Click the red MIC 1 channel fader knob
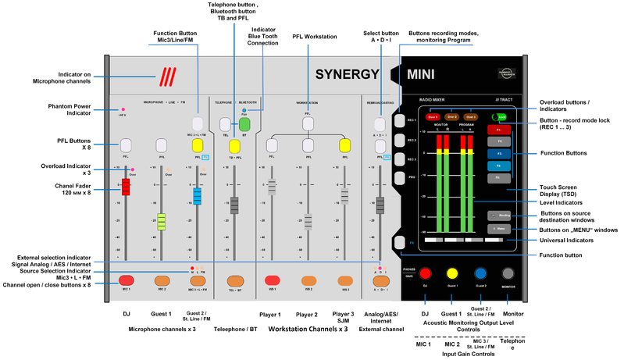[125, 187]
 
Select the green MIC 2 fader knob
[162, 222]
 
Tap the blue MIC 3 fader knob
[197, 195]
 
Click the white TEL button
[225, 124]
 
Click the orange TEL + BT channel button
[234, 280]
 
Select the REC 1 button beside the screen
[400, 119]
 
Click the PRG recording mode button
[400, 178]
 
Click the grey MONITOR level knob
[508, 273]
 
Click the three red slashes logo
[166, 77]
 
